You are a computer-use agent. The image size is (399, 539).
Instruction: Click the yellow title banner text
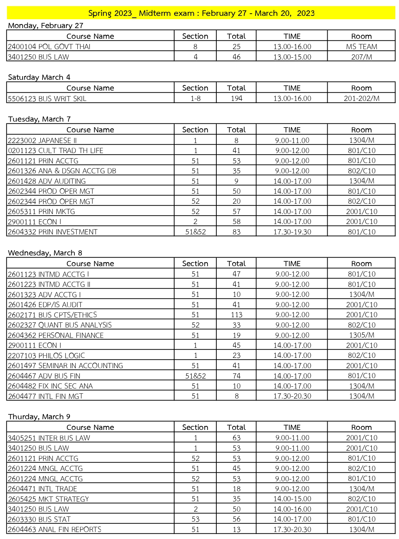coord(201,13)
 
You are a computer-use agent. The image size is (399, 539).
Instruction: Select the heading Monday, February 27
coord(45,26)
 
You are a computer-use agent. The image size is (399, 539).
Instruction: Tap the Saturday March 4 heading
coord(39,77)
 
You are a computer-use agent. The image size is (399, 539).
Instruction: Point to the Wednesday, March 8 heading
coord(45,253)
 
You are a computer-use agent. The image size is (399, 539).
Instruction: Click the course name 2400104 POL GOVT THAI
coord(49,47)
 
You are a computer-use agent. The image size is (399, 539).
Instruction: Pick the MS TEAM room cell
coord(361,47)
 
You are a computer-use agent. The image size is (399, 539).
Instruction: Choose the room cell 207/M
coord(361,57)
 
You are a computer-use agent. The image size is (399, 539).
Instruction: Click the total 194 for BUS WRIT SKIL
coord(236,98)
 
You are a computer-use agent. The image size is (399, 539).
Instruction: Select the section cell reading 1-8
coord(195,98)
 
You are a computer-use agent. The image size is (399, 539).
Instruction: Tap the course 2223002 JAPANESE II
coord(42,140)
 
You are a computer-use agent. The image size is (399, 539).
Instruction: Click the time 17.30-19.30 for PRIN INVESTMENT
coord(292,232)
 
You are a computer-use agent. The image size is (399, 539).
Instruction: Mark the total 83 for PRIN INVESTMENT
coord(236,232)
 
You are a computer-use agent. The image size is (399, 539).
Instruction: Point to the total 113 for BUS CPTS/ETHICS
coord(236,315)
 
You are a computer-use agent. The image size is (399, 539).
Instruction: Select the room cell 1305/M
coord(361,335)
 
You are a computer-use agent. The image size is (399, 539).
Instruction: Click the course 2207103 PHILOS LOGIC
coord(47,356)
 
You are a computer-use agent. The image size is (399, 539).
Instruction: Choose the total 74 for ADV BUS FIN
coord(236,376)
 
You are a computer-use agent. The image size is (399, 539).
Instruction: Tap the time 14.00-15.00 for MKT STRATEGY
coord(292,499)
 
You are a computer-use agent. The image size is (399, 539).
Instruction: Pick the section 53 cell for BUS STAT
coord(195,519)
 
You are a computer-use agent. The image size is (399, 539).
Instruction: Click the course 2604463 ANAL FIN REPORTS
coord(54,529)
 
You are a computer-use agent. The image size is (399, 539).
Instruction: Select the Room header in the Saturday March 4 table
coord(361,88)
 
